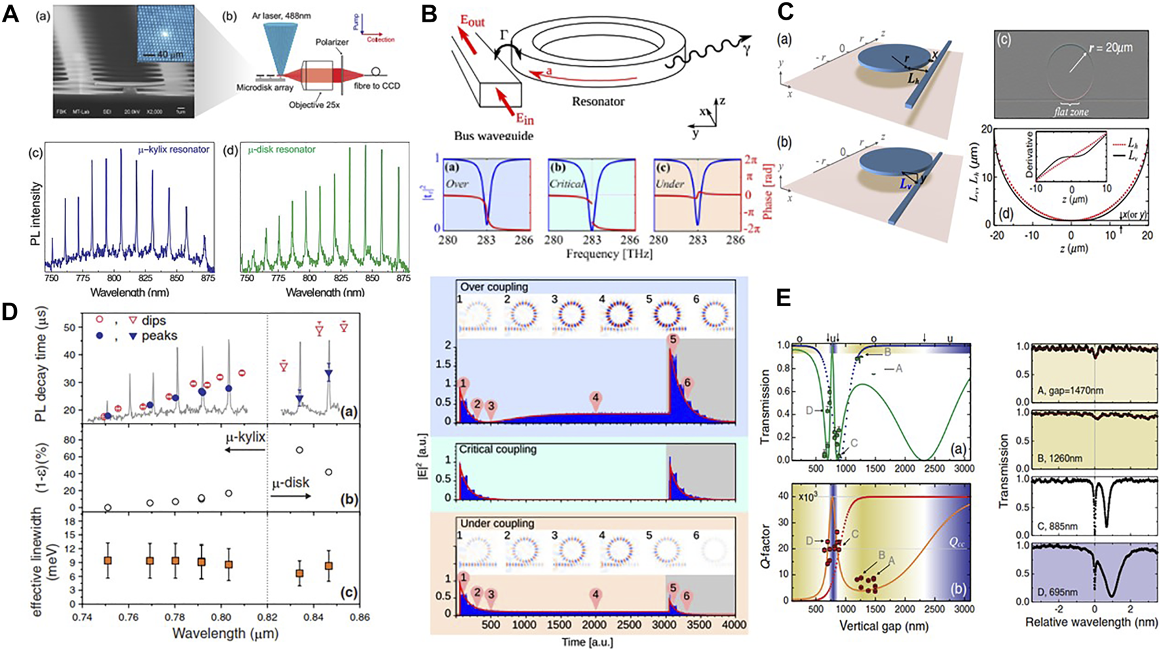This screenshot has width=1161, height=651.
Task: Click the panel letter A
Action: (10, 14)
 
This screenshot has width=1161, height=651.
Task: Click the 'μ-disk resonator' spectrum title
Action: (282, 150)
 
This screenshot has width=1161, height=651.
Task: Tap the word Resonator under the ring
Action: (598, 102)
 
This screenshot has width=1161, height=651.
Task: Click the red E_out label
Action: (471, 21)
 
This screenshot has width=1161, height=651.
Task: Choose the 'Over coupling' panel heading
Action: (493, 287)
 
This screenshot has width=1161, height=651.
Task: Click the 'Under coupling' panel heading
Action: (496, 524)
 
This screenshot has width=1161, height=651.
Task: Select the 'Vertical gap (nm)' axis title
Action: (883, 625)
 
